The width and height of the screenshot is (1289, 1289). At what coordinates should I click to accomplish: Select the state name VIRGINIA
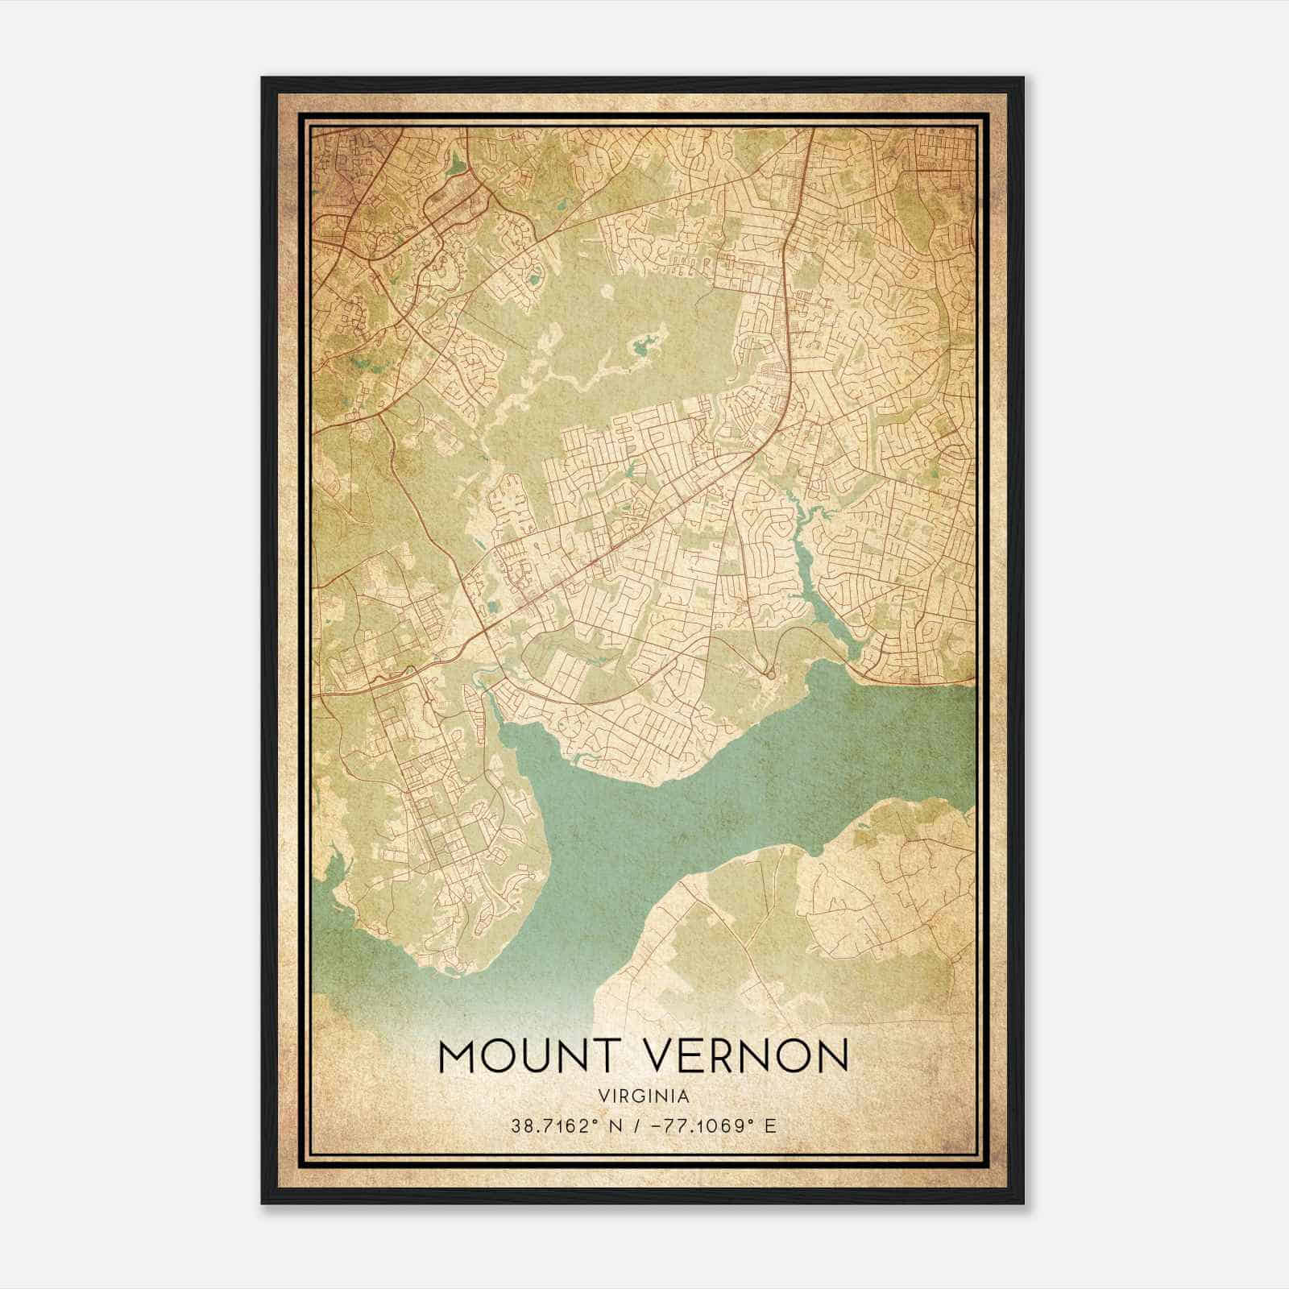(644, 1096)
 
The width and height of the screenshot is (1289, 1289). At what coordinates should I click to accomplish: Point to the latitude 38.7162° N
(563, 1125)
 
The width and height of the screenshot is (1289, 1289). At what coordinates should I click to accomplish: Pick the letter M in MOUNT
(460, 1056)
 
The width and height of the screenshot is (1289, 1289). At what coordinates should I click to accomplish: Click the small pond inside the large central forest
(644, 347)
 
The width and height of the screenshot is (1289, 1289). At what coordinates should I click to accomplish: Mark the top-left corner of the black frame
(263, 78)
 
